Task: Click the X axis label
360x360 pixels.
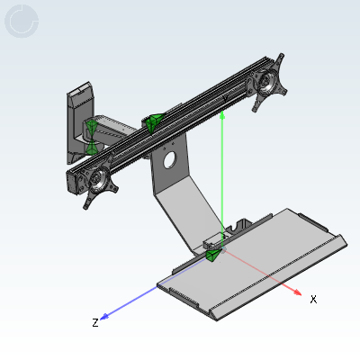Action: [x=313, y=299]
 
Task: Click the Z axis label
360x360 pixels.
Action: [x=95, y=323]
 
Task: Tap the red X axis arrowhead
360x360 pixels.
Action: [x=298, y=292]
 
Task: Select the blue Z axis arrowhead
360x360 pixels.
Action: [x=104, y=317]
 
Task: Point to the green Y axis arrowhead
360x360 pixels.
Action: [x=222, y=115]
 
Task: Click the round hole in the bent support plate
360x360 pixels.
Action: [x=170, y=160]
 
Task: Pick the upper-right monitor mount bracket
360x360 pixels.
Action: [x=268, y=83]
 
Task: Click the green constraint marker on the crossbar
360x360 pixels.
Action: [x=154, y=123]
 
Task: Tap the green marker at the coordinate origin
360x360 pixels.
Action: [x=213, y=255]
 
